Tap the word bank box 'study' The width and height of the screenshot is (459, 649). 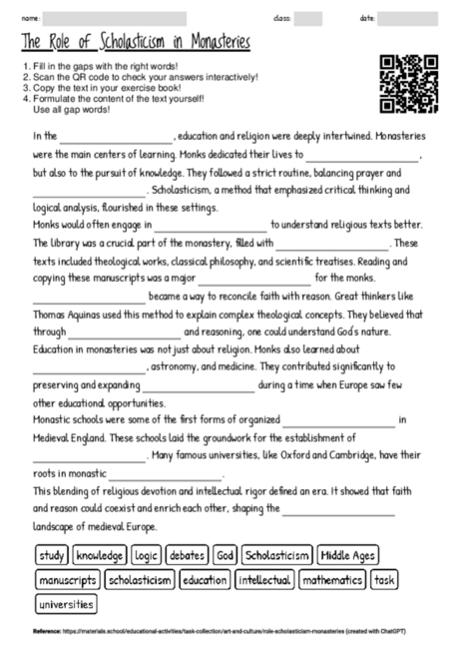coord(51,555)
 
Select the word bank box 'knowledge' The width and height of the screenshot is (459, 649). coord(99,555)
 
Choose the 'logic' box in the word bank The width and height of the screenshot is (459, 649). coord(146,555)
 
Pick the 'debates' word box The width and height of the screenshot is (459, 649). coord(187,555)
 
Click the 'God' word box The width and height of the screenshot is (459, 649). coord(226,555)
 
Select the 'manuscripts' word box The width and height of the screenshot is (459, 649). coord(68,580)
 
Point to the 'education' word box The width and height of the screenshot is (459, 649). coord(205,580)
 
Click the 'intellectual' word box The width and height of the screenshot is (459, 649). coord(265,580)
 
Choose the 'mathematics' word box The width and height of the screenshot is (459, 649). coord(332,580)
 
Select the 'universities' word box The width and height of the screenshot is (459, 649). coord(64,604)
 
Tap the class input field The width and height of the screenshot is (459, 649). coord(308,18)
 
